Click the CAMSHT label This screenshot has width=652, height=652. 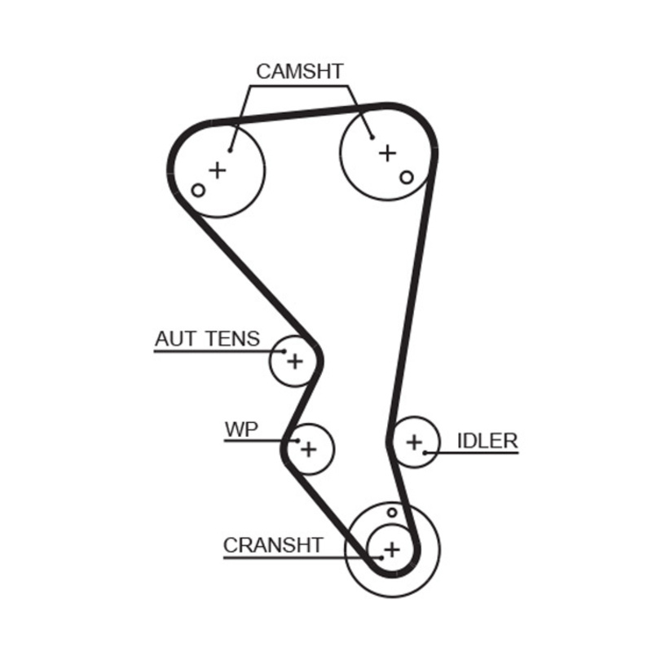click(300, 71)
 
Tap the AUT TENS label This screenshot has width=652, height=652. click(207, 338)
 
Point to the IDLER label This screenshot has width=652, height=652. click(487, 441)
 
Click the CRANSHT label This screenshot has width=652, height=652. click(273, 544)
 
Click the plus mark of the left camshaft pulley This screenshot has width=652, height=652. click(217, 170)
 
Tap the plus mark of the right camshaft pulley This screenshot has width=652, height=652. click(388, 152)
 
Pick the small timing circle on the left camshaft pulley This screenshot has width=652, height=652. click(197, 190)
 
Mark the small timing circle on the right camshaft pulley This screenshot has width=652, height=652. click(407, 176)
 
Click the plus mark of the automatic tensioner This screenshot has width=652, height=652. click(295, 359)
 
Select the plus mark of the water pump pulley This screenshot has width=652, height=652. click(309, 447)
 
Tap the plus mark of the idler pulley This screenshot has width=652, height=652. click(414, 443)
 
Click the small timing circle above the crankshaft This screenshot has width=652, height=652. click(392, 513)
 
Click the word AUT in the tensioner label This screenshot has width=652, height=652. click(173, 338)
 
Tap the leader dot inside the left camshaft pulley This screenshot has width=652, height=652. click(231, 149)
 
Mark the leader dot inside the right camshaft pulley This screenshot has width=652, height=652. click(372, 137)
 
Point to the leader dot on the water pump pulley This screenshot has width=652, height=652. click(298, 442)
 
